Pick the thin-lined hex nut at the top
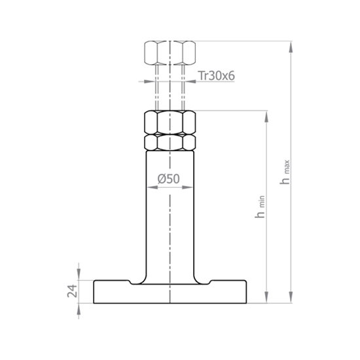coord(170,51)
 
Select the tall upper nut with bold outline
coord(170,122)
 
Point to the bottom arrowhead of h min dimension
coord(266,300)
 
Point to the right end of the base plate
coord(245,293)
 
